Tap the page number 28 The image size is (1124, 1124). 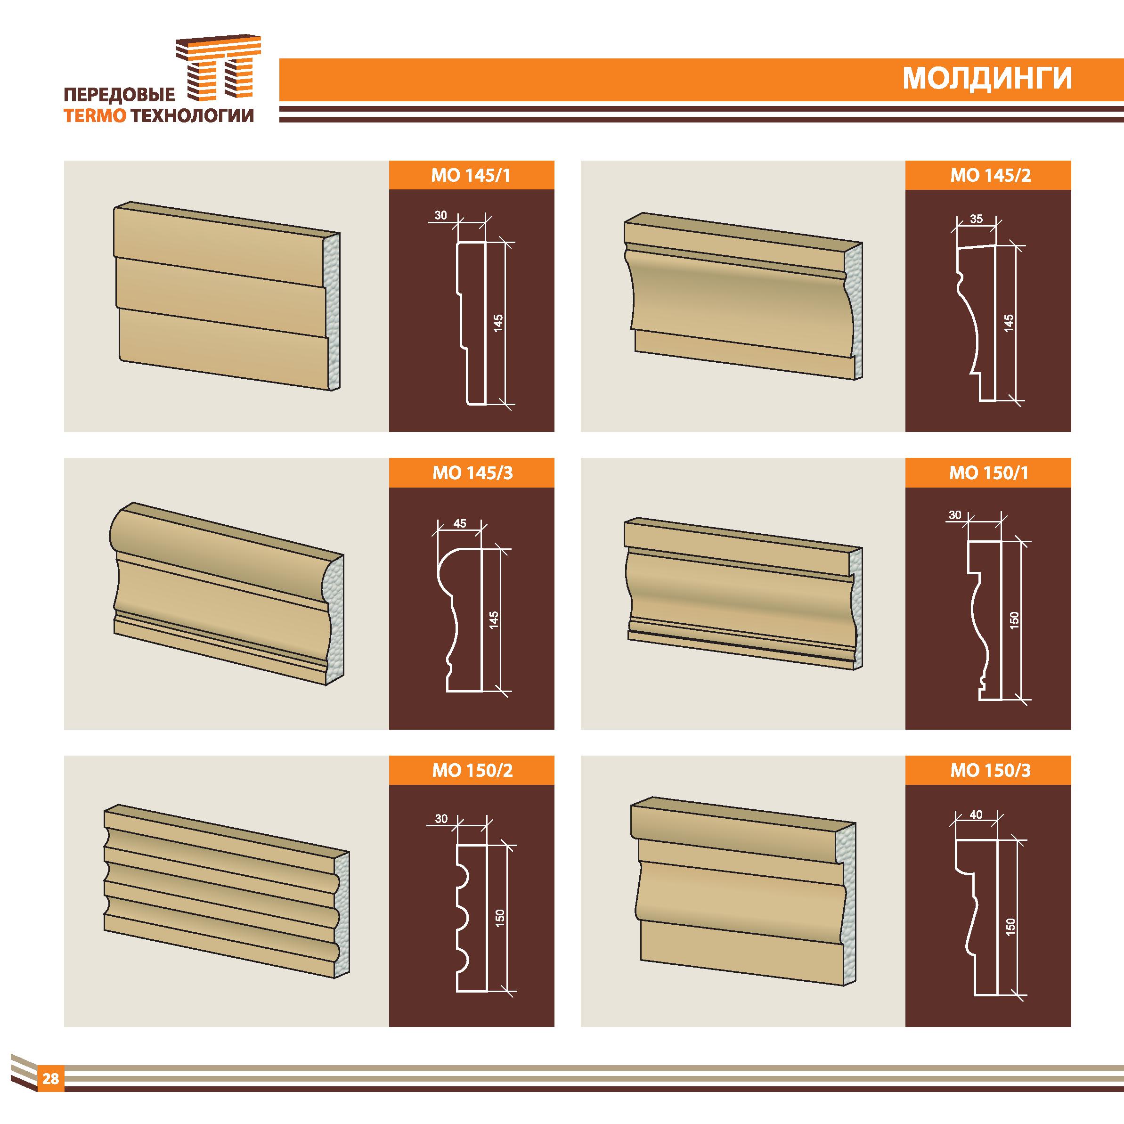point(50,1079)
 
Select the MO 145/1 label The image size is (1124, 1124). point(471,176)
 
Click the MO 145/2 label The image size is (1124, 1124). point(990,176)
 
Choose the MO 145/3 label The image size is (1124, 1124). point(472,473)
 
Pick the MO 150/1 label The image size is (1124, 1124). point(989,473)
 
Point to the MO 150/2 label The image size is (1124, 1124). point(472,771)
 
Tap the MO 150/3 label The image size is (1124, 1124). point(990,771)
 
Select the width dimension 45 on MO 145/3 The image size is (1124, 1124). point(460,523)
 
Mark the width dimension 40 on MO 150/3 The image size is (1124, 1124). point(976,815)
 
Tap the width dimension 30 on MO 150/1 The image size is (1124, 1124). point(955,515)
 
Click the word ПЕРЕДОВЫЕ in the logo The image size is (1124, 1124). point(119,94)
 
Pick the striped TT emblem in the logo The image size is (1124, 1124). point(219,69)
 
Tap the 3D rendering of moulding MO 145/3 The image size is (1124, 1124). point(227,594)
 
